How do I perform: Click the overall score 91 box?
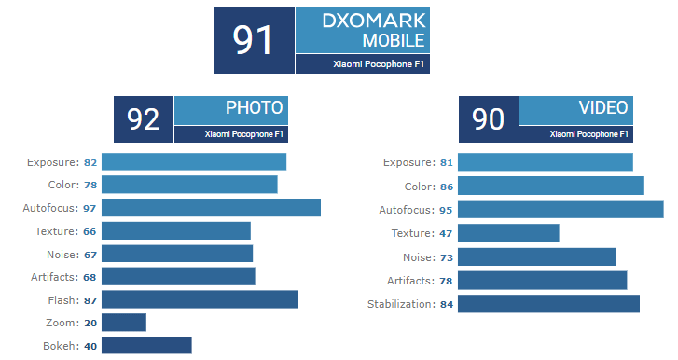(x=254, y=40)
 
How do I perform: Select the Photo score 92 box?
(x=143, y=119)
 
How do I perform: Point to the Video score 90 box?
(x=488, y=119)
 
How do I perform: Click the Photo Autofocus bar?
(x=211, y=207)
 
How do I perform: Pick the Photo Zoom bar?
(x=124, y=322)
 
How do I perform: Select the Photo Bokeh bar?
(x=146, y=345)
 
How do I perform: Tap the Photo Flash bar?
(x=200, y=298)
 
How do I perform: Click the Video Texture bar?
(x=508, y=233)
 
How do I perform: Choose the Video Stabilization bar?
(x=548, y=304)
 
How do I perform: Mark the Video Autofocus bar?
(x=560, y=209)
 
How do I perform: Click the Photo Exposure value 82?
(x=90, y=162)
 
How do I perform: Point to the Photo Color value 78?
(x=90, y=185)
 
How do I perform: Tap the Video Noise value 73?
(x=446, y=256)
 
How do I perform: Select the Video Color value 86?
(x=446, y=187)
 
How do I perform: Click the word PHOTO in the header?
(x=254, y=107)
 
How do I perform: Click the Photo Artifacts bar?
(x=178, y=276)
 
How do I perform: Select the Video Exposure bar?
(x=546, y=162)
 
